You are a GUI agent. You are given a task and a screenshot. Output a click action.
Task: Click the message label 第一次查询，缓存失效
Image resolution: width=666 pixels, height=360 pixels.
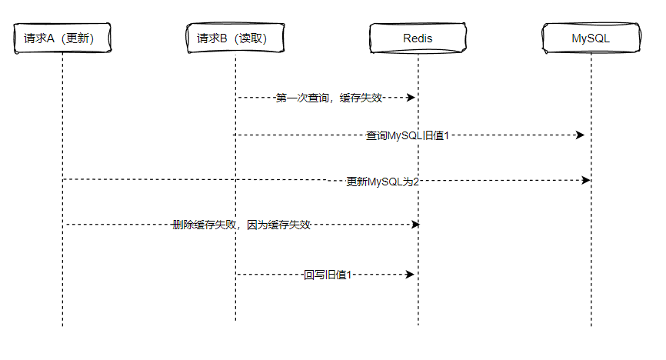coord(329,98)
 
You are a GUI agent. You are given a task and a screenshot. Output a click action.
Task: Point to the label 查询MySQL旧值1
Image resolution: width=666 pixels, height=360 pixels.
coord(408,136)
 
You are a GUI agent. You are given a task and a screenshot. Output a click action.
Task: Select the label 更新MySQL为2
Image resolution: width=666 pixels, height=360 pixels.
coord(382,182)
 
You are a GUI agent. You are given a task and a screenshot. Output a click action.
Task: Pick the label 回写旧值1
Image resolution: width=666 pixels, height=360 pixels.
coord(328,275)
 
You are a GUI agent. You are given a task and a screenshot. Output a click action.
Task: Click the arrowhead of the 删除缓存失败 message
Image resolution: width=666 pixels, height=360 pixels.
coord(416,225)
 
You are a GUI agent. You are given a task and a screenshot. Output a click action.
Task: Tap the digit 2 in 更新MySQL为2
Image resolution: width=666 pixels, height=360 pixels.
coord(415,182)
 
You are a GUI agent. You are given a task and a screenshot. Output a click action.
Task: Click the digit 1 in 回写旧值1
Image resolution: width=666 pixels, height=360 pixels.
coord(348,275)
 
